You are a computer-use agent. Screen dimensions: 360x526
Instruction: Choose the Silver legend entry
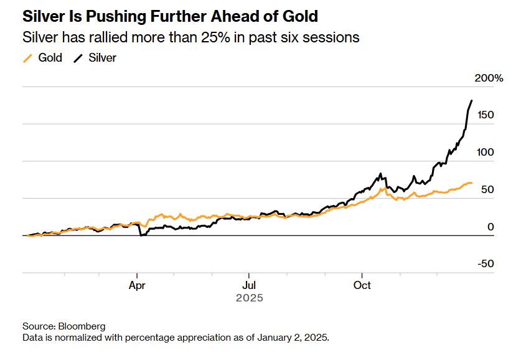click(x=102, y=58)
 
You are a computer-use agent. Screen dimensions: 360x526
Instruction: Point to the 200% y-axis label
click(x=489, y=78)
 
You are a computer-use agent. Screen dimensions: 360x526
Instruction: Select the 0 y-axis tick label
click(x=491, y=227)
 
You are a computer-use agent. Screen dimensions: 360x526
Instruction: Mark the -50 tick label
click(x=485, y=263)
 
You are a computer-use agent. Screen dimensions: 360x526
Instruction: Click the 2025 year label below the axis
click(x=249, y=298)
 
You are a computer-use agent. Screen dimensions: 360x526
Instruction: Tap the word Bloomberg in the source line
click(x=82, y=326)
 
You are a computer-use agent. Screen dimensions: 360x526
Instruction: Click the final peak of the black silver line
click(x=471, y=100)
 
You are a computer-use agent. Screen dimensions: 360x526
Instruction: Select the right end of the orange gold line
click(x=471, y=182)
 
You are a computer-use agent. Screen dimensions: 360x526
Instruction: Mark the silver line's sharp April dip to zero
click(x=141, y=235)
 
